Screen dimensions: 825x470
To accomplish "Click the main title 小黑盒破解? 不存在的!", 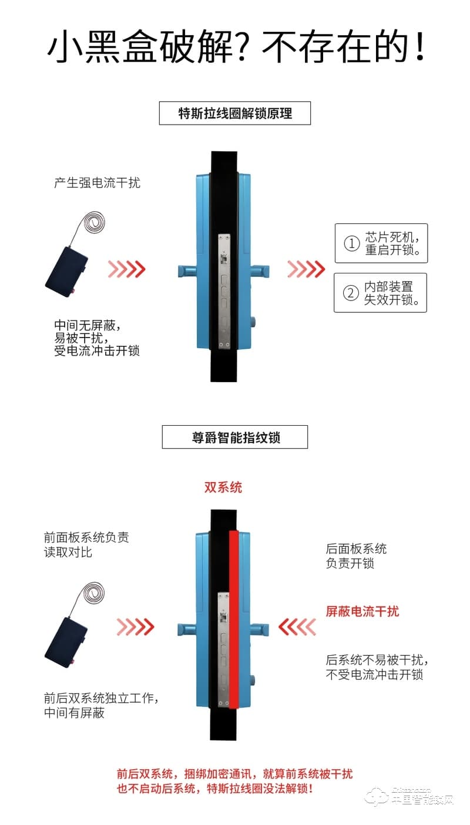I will pos(235,47).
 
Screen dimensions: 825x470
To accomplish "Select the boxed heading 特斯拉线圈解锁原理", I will pos(234,113).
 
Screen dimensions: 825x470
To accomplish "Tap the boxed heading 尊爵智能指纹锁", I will pos(234,437).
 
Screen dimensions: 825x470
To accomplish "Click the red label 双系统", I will pos(223,487).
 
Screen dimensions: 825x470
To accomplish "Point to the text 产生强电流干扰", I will pos(97,183).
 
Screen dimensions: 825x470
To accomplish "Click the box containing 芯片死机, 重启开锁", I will pos(381,243).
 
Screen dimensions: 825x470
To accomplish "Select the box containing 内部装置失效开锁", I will pos(380,293).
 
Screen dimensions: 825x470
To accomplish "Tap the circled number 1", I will pos(351,243).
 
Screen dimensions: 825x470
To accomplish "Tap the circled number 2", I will pos(351,293).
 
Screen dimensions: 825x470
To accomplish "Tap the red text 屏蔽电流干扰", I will pos(362,612).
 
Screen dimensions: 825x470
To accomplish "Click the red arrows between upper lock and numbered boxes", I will pos(305,269).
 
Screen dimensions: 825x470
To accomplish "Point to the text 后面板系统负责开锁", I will pos(356,556).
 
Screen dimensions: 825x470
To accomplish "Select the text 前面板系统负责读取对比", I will pos(86,545).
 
